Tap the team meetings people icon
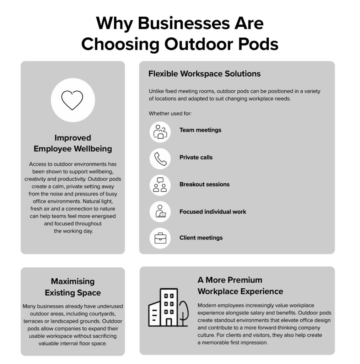click(160, 132)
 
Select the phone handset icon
click(160, 159)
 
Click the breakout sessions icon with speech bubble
click(160, 185)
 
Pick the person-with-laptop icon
click(160, 211)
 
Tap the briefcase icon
click(160, 238)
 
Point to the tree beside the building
click(183, 314)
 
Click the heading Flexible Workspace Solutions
click(204, 74)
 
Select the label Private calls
click(196, 157)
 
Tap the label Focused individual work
click(213, 212)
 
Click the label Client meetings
click(201, 238)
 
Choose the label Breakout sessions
click(204, 184)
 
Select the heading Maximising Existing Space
click(72, 287)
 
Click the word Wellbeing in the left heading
click(93, 149)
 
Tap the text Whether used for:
click(170, 113)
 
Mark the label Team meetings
click(200, 130)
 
